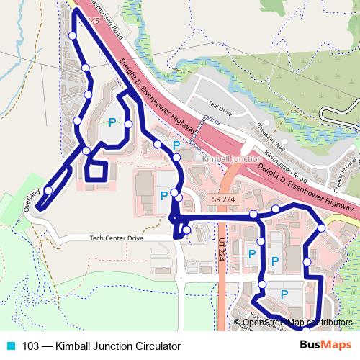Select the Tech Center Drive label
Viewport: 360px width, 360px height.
pos(117,238)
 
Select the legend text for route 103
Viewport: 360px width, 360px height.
pos(101,346)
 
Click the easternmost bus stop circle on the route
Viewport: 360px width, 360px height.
pos(321,228)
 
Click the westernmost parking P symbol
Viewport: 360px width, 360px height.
pos(112,123)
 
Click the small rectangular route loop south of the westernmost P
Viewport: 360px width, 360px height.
pos(96,171)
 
